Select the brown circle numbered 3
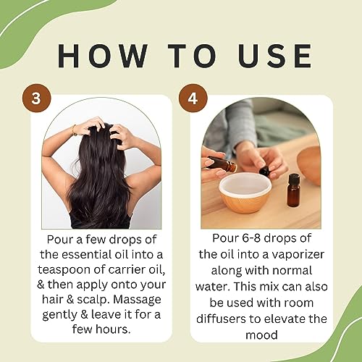pyautogui.click(x=33, y=98)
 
